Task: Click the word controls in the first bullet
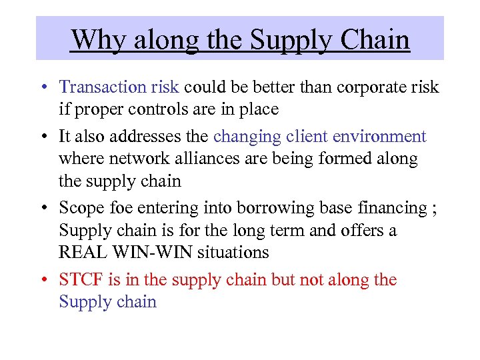pyautogui.click(x=161, y=108)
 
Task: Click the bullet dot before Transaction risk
pyautogui.click(x=43, y=87)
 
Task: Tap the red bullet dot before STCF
pyautogui.click(x=43, y=281)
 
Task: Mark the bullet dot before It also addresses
pyautogui.click(x=43, y=137)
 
